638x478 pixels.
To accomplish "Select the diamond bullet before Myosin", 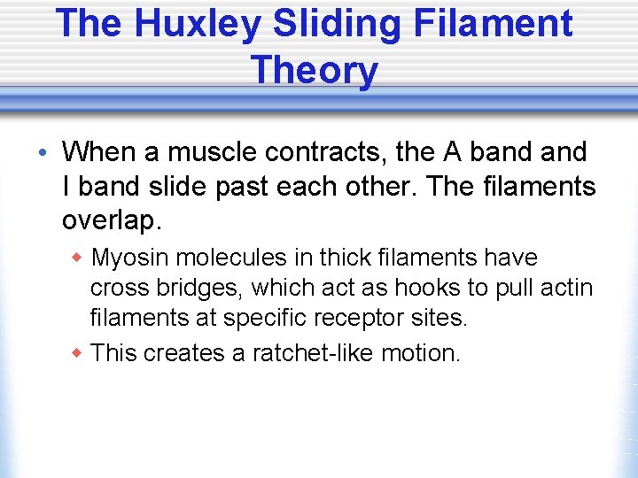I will (77, 258).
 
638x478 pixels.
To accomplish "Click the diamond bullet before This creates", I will (77, 353).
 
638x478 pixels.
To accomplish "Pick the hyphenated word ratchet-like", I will (314, 353).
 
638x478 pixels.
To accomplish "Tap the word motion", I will (422, 353).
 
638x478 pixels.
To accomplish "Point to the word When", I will (98, 152).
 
